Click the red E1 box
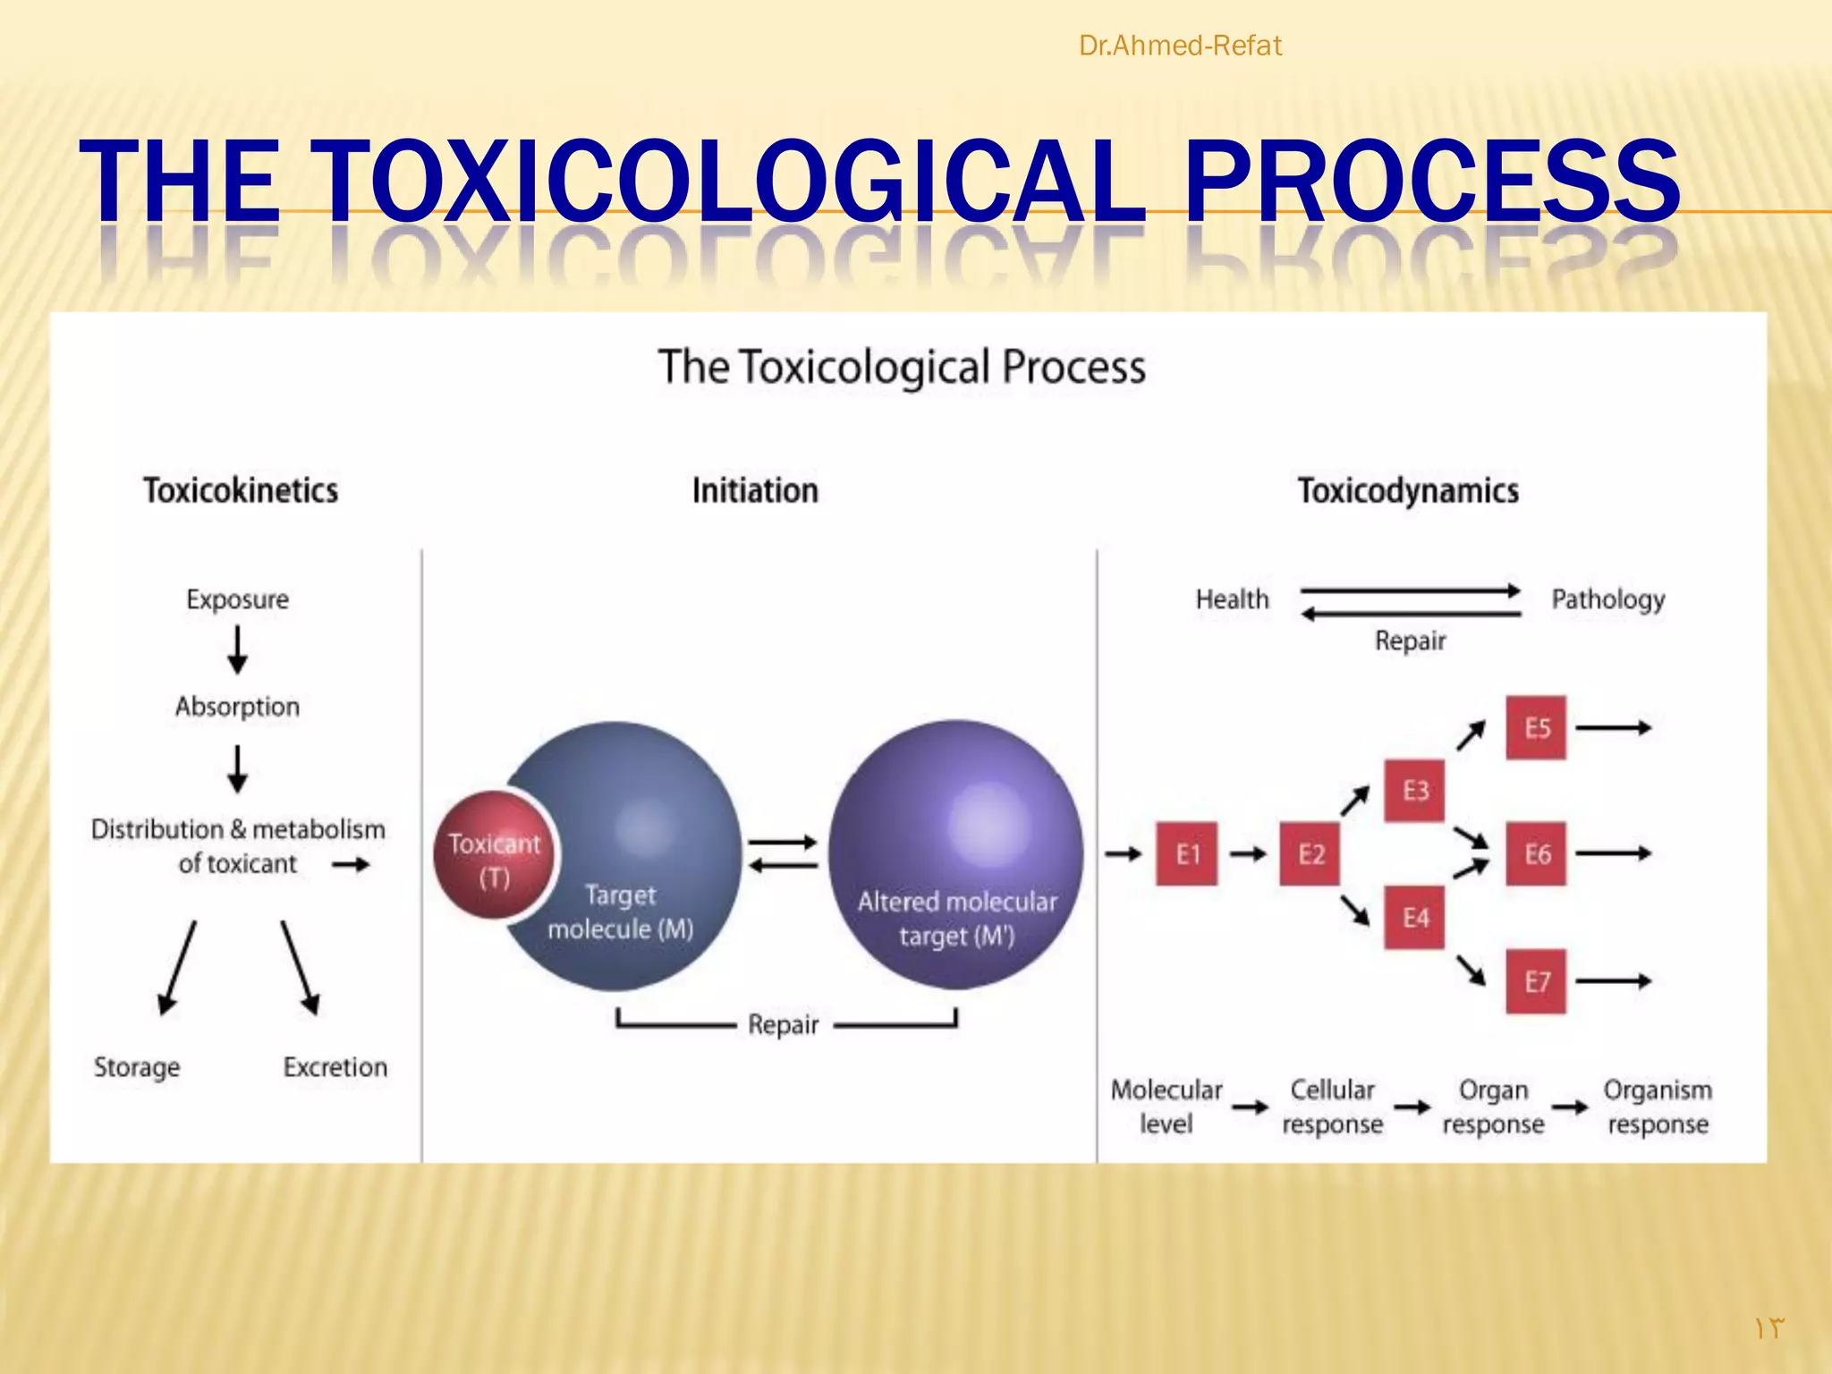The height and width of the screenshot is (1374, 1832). tap(1186, 853)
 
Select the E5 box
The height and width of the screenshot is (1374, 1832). tap(1536, 727)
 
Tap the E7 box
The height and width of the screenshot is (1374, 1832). tap(1536, 981)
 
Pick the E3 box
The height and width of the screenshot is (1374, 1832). tap(1414, 790)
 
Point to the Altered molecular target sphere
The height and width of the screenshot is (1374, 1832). tap(955, 854)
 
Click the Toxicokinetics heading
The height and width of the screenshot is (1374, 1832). tap(241, 490)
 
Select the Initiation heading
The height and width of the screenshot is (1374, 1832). tap(755, 490)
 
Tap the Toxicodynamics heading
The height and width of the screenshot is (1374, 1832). tap(1408, 490)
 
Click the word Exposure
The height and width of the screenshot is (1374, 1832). tap(237, 598)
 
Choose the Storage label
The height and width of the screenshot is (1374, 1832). tap(137, 1066)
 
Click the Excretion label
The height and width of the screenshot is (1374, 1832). tap(335, 1066)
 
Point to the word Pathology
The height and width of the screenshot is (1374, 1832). tap(1607, 598)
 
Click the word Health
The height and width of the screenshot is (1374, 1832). tap(1232, 598)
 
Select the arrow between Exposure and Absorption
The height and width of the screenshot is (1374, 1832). tap(237, 649)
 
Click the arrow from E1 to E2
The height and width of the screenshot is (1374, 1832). tap(1248, 853)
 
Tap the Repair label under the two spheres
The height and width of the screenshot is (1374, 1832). tap(783, 1023)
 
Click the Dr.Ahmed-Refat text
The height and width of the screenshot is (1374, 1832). tap(1180, 45)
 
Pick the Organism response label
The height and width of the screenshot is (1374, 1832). tap(1658, 1106)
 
